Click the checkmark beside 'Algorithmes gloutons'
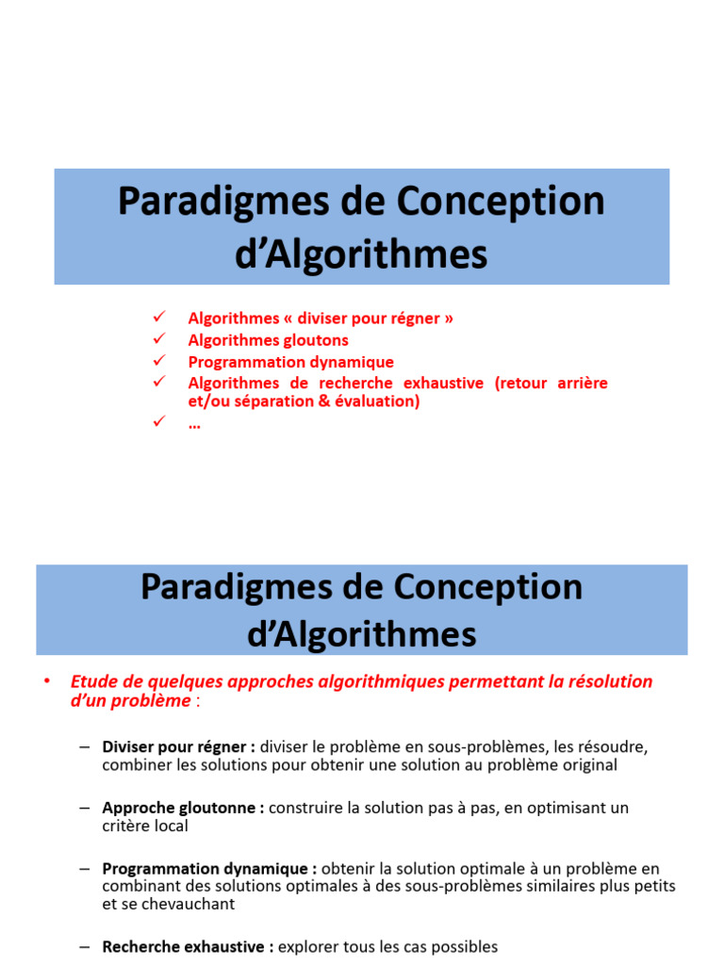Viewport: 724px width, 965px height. (x=158, y=338)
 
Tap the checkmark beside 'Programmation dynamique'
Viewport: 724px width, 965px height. (x=158, y=360)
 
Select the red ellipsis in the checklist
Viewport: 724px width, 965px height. (x=194, y=424)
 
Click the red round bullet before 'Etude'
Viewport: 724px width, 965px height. (x=45, y=680)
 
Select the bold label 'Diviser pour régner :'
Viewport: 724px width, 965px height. (x=179, y=746)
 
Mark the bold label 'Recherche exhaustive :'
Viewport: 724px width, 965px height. (x=189, y=946)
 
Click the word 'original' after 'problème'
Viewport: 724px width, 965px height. (x=587, y=765)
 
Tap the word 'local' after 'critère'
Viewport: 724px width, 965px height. (x=172, y=826)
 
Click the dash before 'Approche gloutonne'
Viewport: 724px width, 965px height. (x=85, y=808)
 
